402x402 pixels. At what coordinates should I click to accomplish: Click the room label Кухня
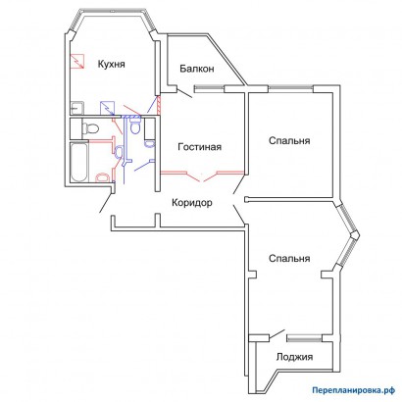[x=112, y=64]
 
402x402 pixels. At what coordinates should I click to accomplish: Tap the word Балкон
[x=197, y=69]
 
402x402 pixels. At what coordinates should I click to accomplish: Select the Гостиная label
[x=199, y=147]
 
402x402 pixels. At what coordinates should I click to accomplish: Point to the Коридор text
[x=192, y=203]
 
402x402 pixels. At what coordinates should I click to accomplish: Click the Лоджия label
[x=294, y=357]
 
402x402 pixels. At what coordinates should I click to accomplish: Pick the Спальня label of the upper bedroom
[x=289, y=141]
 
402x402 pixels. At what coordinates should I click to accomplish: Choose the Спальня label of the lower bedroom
[x=289, y=259]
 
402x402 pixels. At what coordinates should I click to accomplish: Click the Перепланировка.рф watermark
[x=353, y=390]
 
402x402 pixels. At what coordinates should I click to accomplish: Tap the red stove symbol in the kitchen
[x=77, y=62]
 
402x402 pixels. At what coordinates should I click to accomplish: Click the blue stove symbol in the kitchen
[x=108, y=108]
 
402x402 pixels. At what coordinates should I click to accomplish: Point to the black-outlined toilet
[x=90, y=127]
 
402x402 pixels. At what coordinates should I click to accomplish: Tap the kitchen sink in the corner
[x=77, y=108]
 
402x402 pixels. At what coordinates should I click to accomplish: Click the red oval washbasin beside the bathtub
[x=102, y=177]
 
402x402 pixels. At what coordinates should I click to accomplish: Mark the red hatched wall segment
[x=159, y=105]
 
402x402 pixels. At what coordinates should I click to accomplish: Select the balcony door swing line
[x=184, y=93]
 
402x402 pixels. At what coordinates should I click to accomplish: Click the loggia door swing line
[x=276, y=333]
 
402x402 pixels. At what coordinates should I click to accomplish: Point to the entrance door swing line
[x=107, y=203]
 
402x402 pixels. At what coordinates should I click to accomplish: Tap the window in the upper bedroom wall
[x=291, y=87]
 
